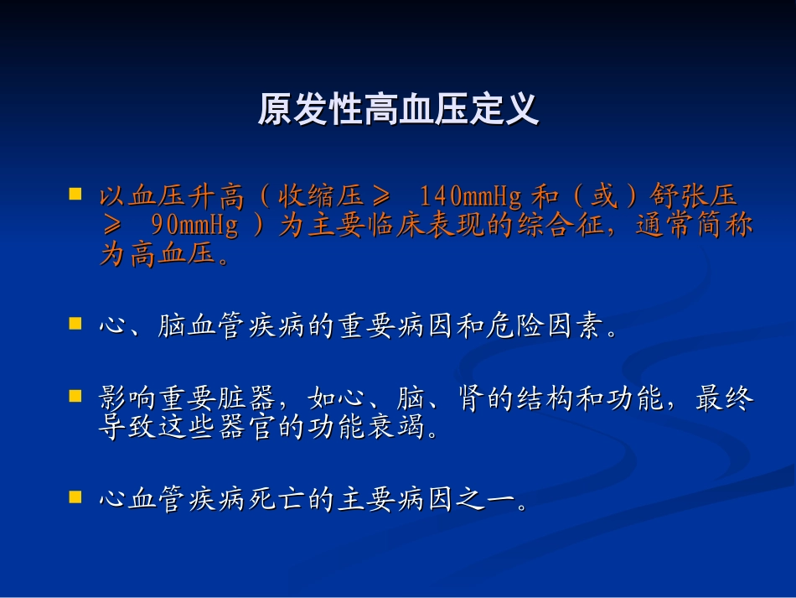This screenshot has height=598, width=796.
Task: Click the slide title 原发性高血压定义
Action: click(398, 108)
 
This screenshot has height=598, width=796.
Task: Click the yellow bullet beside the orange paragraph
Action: click(75, 194)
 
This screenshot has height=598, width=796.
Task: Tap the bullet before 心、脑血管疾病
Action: click(75, 324)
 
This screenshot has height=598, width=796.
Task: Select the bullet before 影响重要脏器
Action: click(75, 396)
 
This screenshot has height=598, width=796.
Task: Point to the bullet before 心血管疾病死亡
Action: click(75, 497)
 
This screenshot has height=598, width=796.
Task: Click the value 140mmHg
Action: click(471, 196)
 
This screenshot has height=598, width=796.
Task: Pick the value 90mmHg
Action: click(194, 225)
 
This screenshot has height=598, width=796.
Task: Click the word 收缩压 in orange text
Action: click(322, 196)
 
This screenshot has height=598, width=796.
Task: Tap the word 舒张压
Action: click(694, 196)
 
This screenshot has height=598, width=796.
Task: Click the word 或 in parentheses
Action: click(604, 196)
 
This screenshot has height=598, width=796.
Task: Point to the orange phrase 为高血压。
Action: click(166, 253)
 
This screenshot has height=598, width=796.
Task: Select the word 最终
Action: click(725, 398)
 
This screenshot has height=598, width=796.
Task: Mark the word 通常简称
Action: click(694, 225)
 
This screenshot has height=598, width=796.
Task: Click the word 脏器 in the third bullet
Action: click(246, 398)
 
